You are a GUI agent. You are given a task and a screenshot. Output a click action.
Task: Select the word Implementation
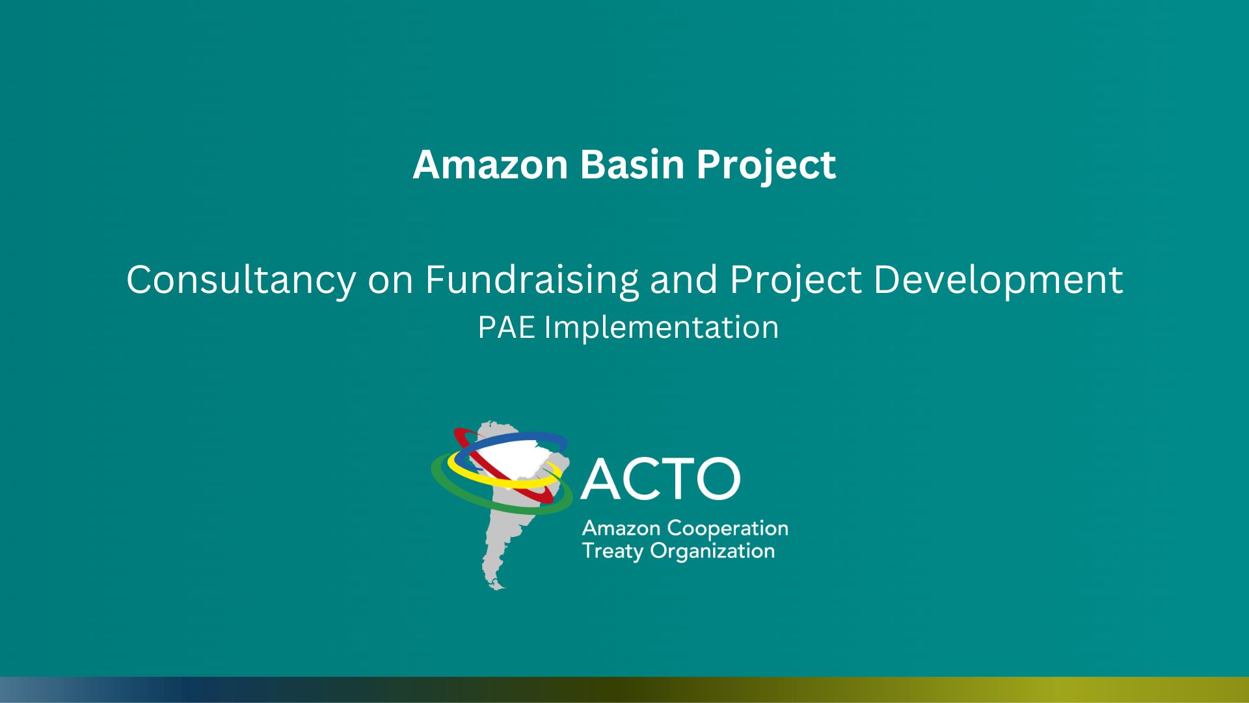click(x=662, y=328)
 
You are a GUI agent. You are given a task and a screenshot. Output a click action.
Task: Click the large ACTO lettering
click(x=660, y=478)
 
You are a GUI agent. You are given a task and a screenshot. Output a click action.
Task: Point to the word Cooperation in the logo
click(x=728, y=529)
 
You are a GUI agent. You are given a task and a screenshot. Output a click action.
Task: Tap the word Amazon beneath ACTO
click(x=621, y=528)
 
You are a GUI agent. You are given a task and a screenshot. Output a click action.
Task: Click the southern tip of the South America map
click(x=498, y=588)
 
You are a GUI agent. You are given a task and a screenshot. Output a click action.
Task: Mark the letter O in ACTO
click(x=718, y=478)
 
